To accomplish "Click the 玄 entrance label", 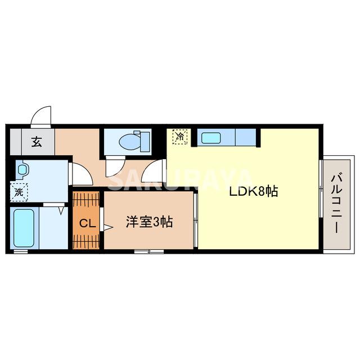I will [37, 142].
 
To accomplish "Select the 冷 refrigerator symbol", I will [181, 136].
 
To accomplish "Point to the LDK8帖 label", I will [253, 191].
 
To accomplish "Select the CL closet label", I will [86, 223].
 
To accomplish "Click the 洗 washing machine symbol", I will [19, 192].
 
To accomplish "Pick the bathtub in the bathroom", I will [24, 228].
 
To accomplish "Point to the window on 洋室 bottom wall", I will [149, 251].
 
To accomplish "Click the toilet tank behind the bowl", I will [143, 138].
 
